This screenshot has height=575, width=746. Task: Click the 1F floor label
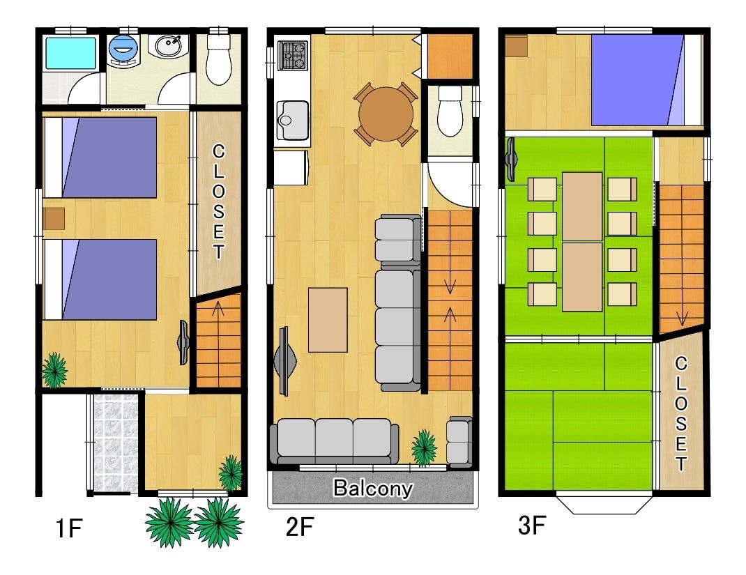point(70,528)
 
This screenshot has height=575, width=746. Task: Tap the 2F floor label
point(300,527)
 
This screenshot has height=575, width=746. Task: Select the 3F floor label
point(532,526)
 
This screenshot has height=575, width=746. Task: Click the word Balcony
point(372,489)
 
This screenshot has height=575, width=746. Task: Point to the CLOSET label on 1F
point(218,201)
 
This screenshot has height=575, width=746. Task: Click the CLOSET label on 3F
point(681,413)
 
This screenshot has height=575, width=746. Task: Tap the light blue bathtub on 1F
point(70,53)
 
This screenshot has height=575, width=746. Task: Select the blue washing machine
point(123,49)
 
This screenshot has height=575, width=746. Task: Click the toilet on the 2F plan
point(450,111)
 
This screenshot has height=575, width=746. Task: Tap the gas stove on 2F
point(292,56)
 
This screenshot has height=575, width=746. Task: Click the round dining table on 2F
point(386,114)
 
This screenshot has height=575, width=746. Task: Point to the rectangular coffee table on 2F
point(328,320)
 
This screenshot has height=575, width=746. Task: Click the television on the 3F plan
point(511,160)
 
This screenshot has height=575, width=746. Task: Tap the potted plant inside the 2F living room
point(424,447)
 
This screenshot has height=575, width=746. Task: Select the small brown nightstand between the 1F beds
point(53,218)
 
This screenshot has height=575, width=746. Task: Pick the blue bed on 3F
point(647,80)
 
